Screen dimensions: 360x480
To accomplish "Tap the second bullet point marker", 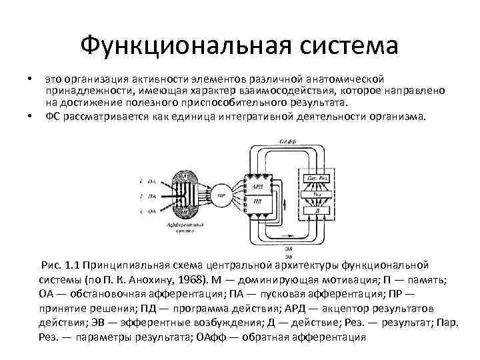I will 31,116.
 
